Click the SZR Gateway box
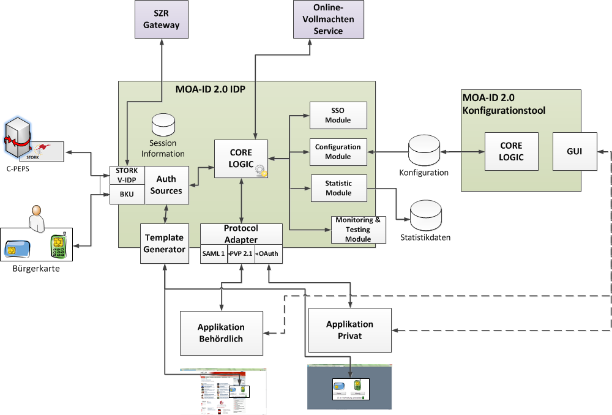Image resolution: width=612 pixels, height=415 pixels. [x=162, y=20]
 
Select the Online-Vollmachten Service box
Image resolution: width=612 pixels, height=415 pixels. [x=328, y=20]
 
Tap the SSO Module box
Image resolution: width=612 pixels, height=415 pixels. [x=338, y=115]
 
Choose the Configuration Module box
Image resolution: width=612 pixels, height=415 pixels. [x=338, y=152]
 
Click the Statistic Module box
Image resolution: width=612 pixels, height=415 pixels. [x=338, y=188]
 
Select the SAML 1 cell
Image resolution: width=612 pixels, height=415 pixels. [x=214, y=254]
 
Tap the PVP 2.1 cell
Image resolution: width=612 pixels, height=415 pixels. [x=241, y=254]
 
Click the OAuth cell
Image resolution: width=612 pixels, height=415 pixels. [x=269, y=254]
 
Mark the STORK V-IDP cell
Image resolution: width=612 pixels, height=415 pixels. [x=127, y=175]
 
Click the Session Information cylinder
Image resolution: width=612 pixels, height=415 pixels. [x=163, y=125]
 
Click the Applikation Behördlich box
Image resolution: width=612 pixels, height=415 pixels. [x=221, y=332]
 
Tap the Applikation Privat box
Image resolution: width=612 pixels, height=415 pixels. [x=349, y=329]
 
